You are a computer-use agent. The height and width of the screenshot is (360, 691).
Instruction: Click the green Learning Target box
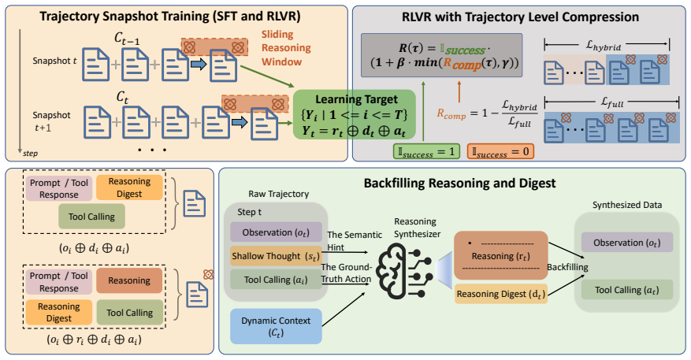pyautogui.click(x=355, y=114)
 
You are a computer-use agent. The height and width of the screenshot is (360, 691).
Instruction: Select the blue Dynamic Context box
pyautogui.click(x=276, y=326)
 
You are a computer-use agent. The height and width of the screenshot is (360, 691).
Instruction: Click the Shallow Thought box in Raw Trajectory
pyautogui.click(x=276, y=256)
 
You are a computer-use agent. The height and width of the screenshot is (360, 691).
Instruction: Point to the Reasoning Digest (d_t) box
pyautogui.click(x=500, y=294)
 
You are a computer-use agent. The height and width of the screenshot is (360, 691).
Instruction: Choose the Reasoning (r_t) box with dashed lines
pyautogui.click(x=500, y=255)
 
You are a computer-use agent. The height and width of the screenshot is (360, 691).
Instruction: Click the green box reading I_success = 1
pyautogui.click(x=426, y=151)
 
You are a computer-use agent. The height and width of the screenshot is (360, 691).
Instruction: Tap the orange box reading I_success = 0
pyautogui.click(x=500, y=151)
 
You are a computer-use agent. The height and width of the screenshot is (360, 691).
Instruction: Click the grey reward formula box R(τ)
pyautogui.click(x=441, y=55)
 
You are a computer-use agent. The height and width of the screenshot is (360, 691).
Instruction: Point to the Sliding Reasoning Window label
pyautogui.click(x=286, y=48)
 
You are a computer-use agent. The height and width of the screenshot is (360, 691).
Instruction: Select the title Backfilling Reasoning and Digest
pyautogui.click(x=459, y=183)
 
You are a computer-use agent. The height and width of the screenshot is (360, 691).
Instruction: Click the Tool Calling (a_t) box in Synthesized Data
pyautogui.click(x=626, y=290)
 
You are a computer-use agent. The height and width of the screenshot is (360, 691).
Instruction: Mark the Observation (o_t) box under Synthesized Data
pyautogui.click(x=626, y=243)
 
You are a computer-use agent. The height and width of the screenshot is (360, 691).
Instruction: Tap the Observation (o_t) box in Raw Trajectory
pyautogui.click(x=276, y=232)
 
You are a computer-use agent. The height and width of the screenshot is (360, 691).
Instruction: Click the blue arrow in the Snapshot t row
pyautogui.click(x=199, y=65)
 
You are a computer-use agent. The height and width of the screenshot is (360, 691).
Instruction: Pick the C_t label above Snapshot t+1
pyautogui.click(x=122, y=97)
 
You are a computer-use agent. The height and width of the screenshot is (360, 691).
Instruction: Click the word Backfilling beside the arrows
pyautogui.click(x=567, y=267)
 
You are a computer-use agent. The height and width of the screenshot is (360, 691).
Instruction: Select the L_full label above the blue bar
pyautogui.click(x=612, y=102)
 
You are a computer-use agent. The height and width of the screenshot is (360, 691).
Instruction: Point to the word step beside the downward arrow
pyautogui.click(x=31, y=154)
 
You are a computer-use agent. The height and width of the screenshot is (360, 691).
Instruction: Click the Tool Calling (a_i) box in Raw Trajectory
pyautogui.click(x=276, y=280)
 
